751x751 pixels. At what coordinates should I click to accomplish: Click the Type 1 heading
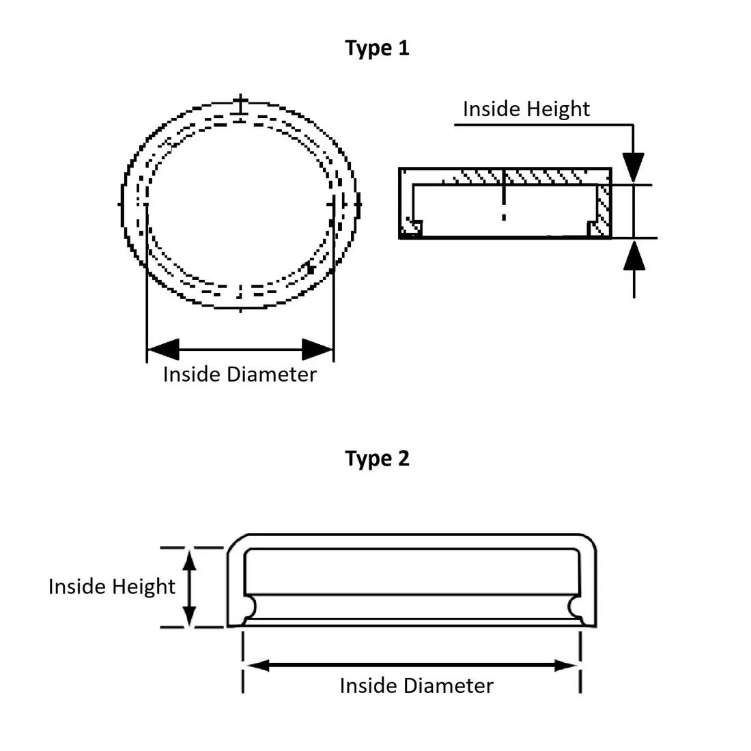coord(377,48)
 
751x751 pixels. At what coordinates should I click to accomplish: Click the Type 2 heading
coord(377,458)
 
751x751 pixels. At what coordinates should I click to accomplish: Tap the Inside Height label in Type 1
coord(526,109)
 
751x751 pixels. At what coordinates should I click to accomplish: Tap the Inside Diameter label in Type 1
coord(240,374)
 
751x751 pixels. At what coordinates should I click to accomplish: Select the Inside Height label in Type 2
coord(112,586)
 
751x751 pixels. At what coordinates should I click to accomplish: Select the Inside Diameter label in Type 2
coord(416,685)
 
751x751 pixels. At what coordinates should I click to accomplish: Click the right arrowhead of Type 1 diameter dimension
coord(318,350)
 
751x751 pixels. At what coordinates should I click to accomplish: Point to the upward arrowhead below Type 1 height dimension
coord(634,255)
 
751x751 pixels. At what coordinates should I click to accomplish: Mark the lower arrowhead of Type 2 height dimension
coord(190,615)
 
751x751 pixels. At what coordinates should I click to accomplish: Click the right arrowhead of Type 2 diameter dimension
coord(567,666)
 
